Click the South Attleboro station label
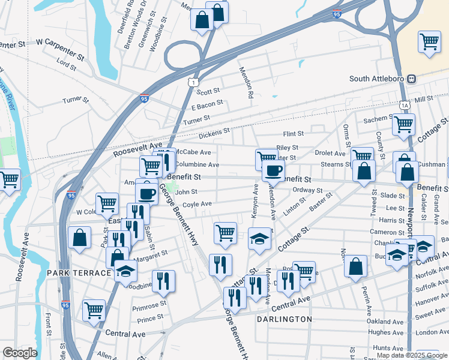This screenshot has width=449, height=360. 378,79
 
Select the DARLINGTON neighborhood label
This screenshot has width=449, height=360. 285,319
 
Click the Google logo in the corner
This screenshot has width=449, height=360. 19,352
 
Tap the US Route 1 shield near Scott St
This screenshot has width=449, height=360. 191,81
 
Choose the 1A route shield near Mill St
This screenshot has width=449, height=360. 406,104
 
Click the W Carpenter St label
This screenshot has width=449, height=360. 59,43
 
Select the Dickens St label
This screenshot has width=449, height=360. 214,131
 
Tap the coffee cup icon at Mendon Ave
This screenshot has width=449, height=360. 273,170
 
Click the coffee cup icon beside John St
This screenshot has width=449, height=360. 146,193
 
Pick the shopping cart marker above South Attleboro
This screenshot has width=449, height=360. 430,42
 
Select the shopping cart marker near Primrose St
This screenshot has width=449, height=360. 94,311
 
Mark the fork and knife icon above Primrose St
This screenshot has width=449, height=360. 163,280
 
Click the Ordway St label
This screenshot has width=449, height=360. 307,190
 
